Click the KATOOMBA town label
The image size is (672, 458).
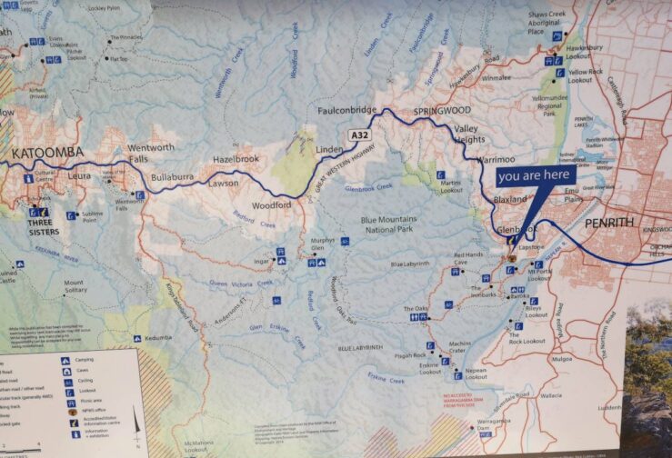point(47,151)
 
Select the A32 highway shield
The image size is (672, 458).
point(360,135)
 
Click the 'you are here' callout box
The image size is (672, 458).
point(535,174)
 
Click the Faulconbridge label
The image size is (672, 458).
point(346,110)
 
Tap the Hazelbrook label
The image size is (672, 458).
point(235,158)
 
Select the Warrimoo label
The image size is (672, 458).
point(495,158)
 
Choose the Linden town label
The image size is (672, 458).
point(328,148)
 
